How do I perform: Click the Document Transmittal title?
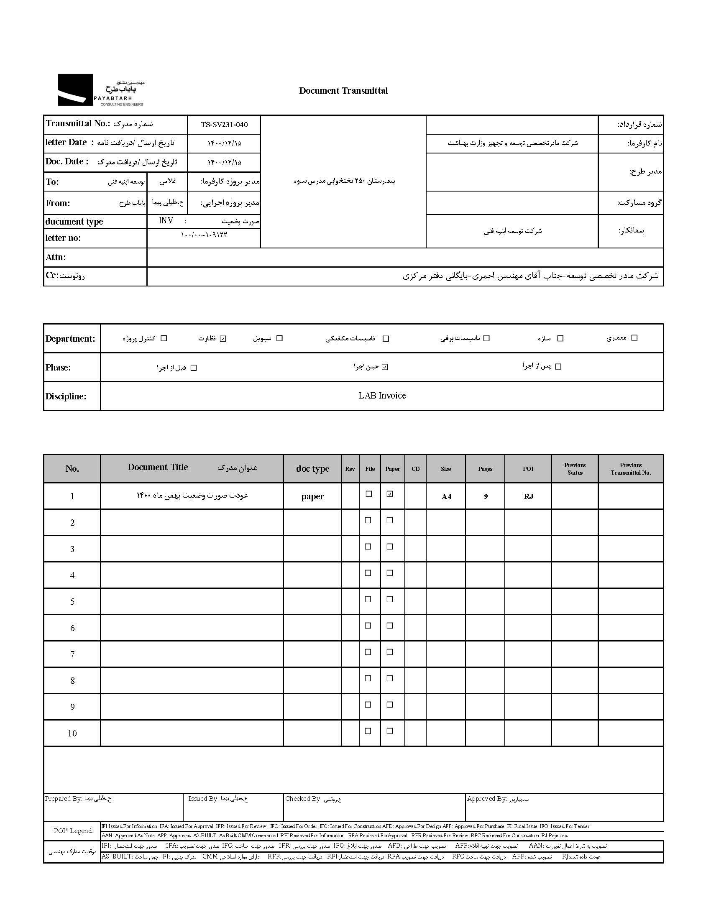(343, 91)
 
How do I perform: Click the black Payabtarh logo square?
(75, 89)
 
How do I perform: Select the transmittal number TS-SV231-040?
(224, 125)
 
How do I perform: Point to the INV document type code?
(166, 221)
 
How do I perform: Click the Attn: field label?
(56, 257)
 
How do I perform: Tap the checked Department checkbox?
(223, 338)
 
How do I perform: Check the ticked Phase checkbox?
(384, 367)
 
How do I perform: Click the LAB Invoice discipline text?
(382, 396)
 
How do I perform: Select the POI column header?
(528, 469)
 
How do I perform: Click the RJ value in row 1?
(528, 496)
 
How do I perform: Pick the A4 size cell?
(446, 496)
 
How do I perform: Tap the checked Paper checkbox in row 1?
(390, 494)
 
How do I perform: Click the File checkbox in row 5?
(368, 599)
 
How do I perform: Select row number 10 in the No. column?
(72, 733)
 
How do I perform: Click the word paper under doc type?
(312, 496)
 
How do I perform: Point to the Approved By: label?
(486, 798)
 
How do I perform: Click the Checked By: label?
(303, 798)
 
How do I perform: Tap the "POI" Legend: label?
(72, 831)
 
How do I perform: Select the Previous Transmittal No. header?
(631, 469)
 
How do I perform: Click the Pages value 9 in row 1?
(486, 496)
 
